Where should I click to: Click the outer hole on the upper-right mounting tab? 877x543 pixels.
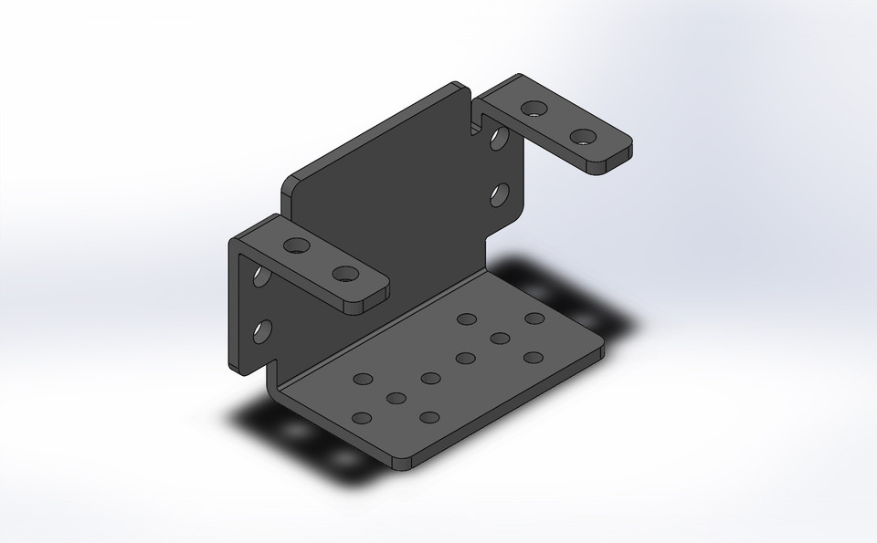[x=582, y=139]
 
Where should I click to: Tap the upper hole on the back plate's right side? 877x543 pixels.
[x=499, y=140]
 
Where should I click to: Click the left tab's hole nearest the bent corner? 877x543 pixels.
[x=296, y=245]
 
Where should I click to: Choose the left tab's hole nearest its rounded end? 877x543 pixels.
[x=343, y=273]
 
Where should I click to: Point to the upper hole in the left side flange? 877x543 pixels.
[x=262, y=275]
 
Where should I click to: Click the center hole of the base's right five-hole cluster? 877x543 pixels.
[x=500, y=339]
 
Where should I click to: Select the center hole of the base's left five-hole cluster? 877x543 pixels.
[x=396, y=398]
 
